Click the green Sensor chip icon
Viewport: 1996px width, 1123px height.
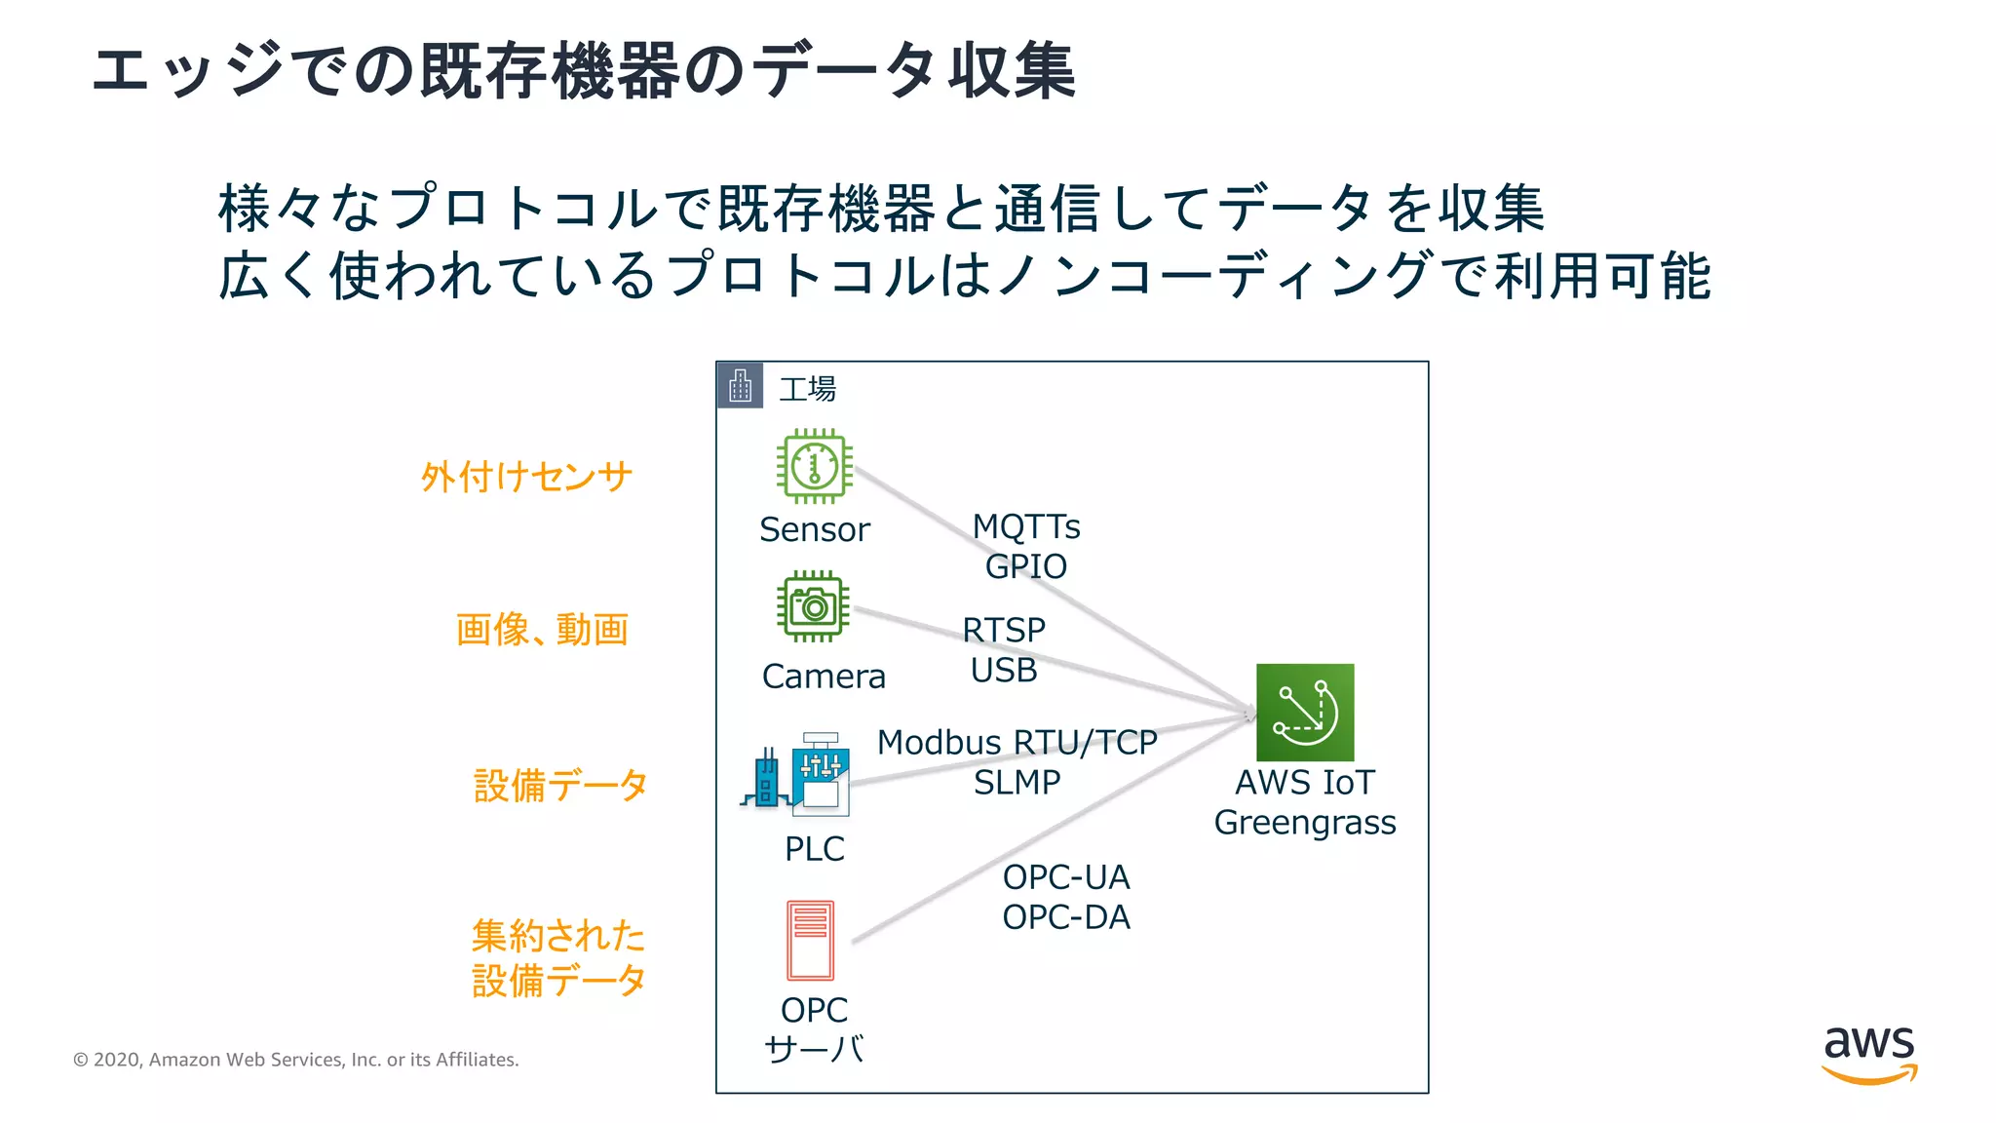(814, 466)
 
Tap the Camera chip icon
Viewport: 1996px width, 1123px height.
(814, 606)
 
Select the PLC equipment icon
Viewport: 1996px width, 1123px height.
(797, 775)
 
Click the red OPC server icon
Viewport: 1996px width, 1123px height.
(810, 940)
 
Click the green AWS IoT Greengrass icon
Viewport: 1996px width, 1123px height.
(1304, 713)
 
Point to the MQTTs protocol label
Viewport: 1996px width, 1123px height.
(1026, 526)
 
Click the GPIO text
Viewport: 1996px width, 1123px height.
(1026, 566)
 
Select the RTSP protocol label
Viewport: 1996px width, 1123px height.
(1004, 630)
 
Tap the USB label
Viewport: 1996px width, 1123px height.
(1004, 671)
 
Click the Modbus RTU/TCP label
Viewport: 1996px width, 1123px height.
(1017, 743)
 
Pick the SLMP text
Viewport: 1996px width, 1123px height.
(1017, 783)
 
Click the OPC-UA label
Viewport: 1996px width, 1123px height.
(1066, 877)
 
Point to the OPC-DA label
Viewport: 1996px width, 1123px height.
(1066, 917)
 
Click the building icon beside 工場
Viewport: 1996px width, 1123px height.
(741, 386)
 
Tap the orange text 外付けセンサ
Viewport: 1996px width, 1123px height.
(526, 477)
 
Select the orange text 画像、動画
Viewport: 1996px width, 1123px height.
(542, 630)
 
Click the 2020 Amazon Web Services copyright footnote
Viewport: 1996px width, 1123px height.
(296, 1060)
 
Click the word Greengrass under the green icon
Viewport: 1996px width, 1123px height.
(1304, 823)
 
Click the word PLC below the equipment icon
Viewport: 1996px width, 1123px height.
(814, 849)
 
